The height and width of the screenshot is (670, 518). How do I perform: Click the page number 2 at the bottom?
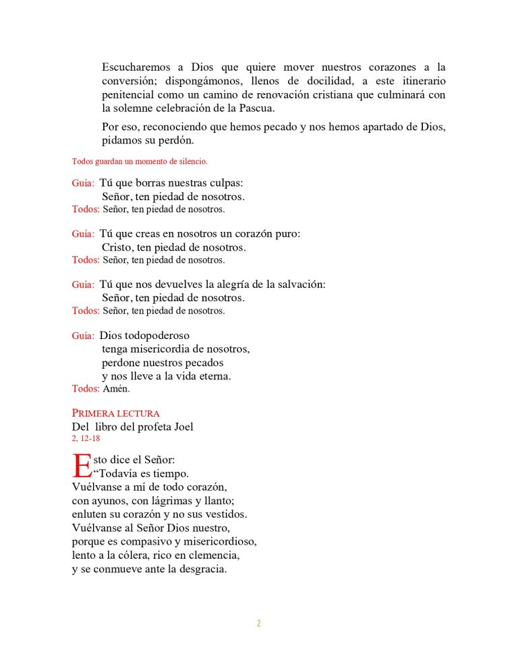tap(258, 623)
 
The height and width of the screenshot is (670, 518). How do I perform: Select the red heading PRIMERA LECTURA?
tap(115, 413)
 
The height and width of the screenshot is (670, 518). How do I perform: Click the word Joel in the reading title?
tap(182, 427)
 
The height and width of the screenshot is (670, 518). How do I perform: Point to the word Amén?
tap(116, 389)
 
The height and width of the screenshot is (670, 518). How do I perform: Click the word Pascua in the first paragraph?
tap(256, 108)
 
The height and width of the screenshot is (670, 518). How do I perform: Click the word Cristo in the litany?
tap(117, 247)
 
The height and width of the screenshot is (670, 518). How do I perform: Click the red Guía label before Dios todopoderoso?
tap(83, 336)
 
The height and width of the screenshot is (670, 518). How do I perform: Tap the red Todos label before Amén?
tap(86, 389)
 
